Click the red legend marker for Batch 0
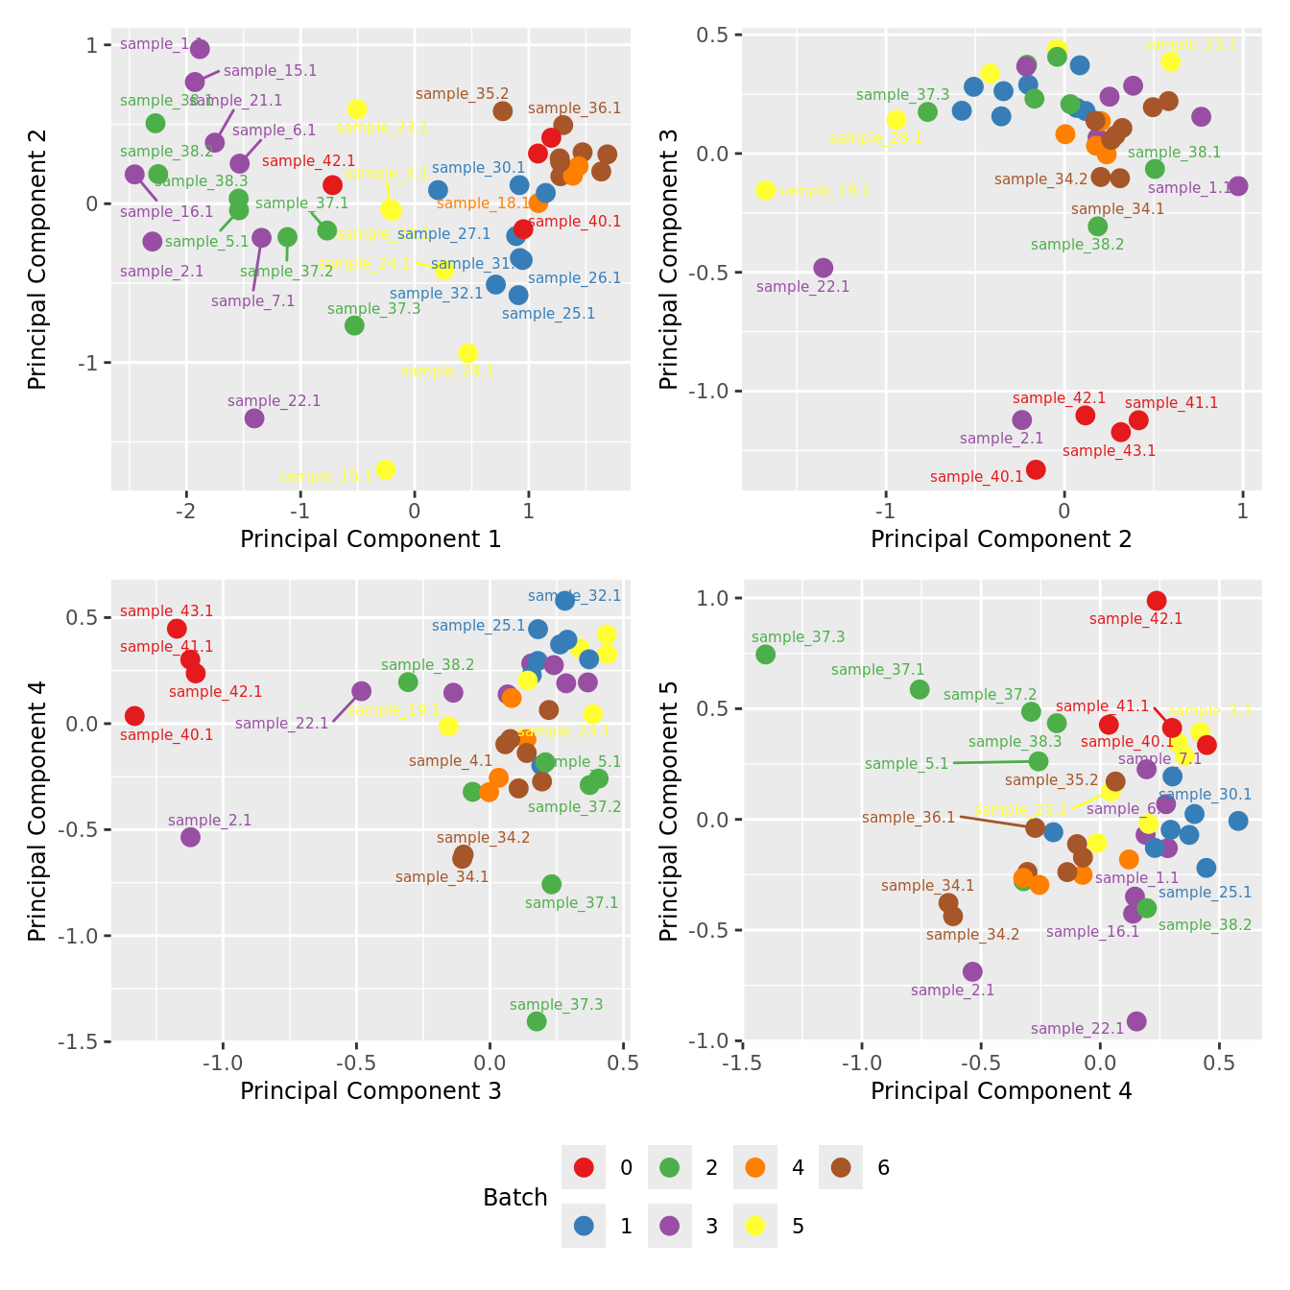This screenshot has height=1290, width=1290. coord(584,1167)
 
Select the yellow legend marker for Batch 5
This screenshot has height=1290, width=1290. coord(755,1226)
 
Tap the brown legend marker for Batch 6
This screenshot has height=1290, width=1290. coord(842,1167)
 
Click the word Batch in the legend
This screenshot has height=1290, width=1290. coord(515,1198)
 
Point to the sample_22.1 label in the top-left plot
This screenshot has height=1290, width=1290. coord(275,401)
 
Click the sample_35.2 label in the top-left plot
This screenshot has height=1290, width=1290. coord(462,94)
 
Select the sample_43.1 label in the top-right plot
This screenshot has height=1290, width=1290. coord(1109,451)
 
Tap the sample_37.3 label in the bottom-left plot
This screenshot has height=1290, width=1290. coord(556,1005)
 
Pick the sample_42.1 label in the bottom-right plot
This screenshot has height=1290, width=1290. coord(1135,619)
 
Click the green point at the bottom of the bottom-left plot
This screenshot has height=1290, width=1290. coord(537,1021)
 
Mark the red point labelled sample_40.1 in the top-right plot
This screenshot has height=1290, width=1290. coord(1036,469)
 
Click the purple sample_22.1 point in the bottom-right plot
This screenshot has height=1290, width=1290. coord(1136,1021)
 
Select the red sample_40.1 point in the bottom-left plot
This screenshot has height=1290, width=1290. coord(134,716)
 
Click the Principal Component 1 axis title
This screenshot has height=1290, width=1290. coord(370,539)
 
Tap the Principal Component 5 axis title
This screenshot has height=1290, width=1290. coord(669,810)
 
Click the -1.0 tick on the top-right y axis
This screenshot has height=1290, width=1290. coord(708,391)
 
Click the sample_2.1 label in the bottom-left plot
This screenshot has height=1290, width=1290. coord(209,821)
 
